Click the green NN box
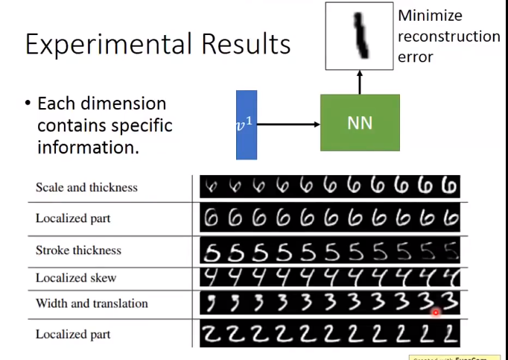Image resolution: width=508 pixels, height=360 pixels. tap(360, 123)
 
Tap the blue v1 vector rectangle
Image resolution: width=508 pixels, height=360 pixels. tap(247, 124)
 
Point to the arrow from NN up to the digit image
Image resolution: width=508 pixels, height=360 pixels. tap(360, 83)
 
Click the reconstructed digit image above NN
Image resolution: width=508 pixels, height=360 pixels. tap(359, 36)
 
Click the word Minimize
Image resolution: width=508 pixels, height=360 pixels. tap(430, 16)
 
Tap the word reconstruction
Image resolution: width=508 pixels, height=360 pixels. tap(449, 36)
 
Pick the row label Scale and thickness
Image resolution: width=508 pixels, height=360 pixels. tap(86, 187)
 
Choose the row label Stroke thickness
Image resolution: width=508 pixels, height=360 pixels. tap(78, 250)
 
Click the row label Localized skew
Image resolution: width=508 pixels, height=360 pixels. tap(76, 277)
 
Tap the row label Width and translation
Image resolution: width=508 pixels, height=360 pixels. tap(92, 303)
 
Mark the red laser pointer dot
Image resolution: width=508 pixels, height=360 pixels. tap(435, 314)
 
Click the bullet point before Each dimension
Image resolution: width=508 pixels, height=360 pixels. tap(28, 104)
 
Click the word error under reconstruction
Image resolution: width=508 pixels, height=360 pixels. tap(416, 57)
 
